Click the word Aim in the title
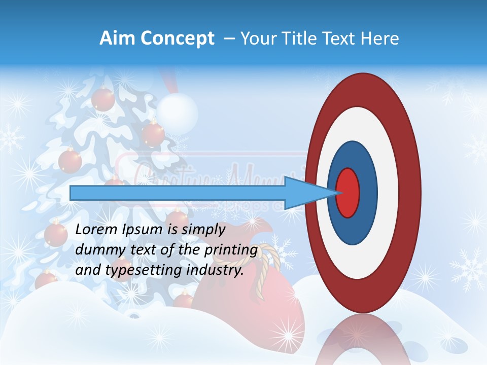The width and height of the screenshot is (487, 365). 117,39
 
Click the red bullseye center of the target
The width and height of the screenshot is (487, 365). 348,193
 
